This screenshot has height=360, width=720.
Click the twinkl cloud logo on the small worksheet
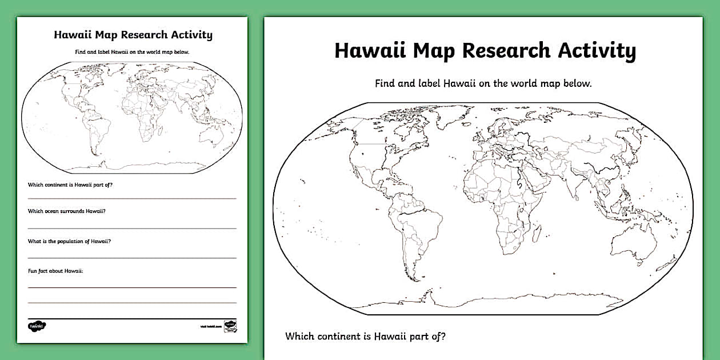coord(37,326)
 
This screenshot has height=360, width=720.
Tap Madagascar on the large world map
coord(537,233)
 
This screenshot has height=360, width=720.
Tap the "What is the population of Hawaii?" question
coord(69,241)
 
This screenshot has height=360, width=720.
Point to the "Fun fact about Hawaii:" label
coord(55,271)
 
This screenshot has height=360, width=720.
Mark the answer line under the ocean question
coord(132,228)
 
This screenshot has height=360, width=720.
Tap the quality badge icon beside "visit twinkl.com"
coord(230,326)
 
